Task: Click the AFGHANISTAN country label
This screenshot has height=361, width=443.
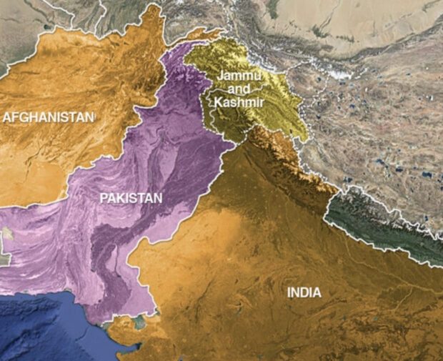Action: click(x=49, y=117)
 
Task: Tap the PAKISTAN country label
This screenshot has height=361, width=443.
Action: click(x=131, y=197)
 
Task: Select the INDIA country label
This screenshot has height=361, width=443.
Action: click(x=304, y=292)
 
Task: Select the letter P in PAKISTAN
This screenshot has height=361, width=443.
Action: click(x=104, y=197)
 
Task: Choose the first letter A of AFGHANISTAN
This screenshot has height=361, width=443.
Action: click(x=8, y=117)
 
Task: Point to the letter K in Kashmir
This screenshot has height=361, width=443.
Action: click(x=217, y=102)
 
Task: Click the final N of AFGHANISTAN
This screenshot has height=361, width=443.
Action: click(x=90, y=117)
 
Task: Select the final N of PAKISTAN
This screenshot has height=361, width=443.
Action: click(x=158, y=197)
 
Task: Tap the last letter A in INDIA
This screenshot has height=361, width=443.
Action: click(x=317, y=292)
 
